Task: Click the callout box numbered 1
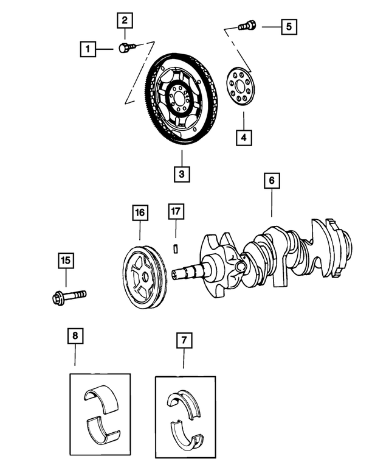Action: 89,48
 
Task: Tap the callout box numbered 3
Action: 181,173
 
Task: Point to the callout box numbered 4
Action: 244,138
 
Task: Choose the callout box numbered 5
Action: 289,27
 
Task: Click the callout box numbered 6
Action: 272,181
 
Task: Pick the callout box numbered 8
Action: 75,336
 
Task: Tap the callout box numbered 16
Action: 140,212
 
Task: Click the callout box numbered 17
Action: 175,212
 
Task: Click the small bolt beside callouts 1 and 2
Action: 125,47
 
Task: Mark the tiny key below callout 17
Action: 175,248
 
